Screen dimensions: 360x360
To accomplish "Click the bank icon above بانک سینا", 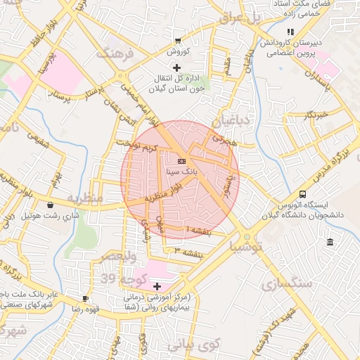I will (x=181, y=161).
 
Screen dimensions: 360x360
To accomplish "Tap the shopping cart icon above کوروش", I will (x=177, y=41).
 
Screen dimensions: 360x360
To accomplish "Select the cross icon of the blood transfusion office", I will (x=176, y=67).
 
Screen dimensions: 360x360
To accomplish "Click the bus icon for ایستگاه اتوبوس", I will (x=303, y=194).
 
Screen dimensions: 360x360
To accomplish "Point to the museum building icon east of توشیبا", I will (x=330, y=243).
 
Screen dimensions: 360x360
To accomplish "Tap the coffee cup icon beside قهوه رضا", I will (x=86, y=298).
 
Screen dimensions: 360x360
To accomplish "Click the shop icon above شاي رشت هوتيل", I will (x=50, y=205).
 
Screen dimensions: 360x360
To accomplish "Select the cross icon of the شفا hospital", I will (x=156, y=286).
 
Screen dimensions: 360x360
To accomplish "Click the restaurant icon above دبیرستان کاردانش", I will (x=290, y=32).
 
